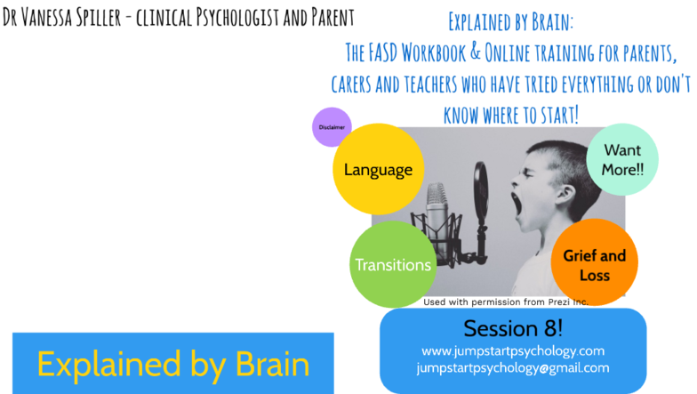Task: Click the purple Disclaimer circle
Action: point(332,127)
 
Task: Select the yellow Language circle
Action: point(379,169)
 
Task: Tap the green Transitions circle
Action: point(393,265)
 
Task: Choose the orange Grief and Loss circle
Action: point(594,262)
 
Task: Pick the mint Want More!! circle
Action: point(622,160)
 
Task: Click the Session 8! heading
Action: point(513,329)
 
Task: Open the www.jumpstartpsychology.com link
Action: point(513,350)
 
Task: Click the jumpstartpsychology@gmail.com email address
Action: point(513,368)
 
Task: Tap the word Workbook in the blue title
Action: point(434,53)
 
